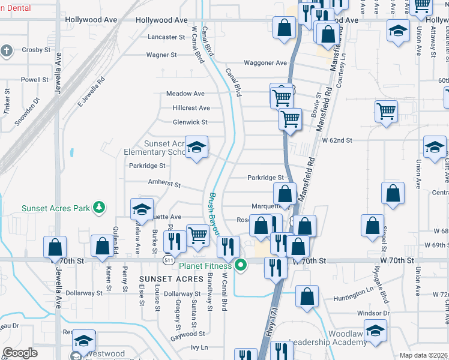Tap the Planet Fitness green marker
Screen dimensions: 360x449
pos(241,265)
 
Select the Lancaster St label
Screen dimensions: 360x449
pos(167,37)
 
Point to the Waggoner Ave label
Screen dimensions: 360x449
pos(265,63)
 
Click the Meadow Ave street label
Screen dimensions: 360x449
pos(185,94)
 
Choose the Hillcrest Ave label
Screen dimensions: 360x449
pos(191,108)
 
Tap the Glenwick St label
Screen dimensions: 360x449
pos(190,122)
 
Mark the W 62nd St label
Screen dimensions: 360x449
pos(336,140)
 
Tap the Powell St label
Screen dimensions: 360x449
pos(34,80)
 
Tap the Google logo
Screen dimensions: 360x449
pos(20,353)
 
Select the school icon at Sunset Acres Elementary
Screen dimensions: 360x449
pos(196,148)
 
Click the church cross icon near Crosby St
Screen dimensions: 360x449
pos(7,51)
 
